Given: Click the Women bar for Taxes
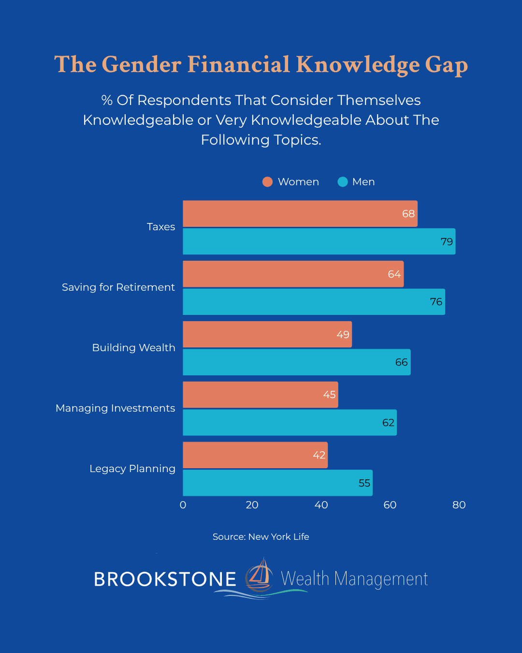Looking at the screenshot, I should (x=300, y=214).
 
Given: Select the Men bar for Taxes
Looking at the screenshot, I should (x=319, y=241).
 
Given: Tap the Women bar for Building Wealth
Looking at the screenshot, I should (x=267, y=334).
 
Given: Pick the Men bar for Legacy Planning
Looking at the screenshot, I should (x=277, y=483).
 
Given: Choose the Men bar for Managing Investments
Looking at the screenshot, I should (x=290, y=422).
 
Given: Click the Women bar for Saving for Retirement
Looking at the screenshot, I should (x=293, y=274).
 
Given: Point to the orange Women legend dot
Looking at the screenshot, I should (x=267, y=182).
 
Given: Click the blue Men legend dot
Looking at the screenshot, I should (x=343, y=182).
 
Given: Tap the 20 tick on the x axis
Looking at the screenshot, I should (x=252, y=505).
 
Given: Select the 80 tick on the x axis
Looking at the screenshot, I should (x=459, y=505).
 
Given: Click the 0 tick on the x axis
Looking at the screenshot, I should (x=183, y=505).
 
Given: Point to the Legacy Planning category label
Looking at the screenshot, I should (x=132, y=469).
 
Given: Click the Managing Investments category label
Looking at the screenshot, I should (x=116, y=408).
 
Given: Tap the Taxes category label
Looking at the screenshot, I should (x=161, y=227).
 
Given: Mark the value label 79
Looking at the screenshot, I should (x=447, y=242).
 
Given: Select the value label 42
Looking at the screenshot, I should (x=319, y=455).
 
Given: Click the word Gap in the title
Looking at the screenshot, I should (x=446, y=65).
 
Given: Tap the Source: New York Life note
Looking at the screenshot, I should (x=261, y=537).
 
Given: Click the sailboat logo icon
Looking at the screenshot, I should (x=260, y=577).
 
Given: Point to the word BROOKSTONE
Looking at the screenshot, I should (x=165, y=579).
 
